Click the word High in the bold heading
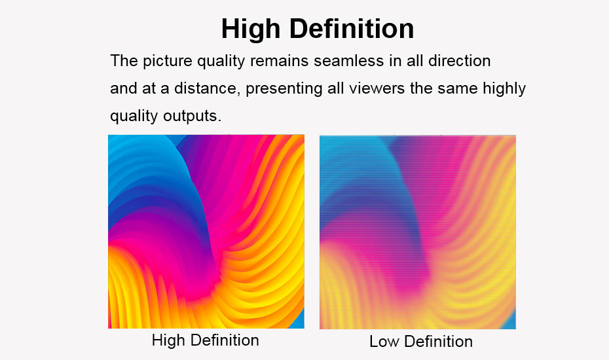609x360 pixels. pos(251,29)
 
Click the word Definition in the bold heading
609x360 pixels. pos(352,28)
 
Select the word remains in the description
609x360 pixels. pos(279,61)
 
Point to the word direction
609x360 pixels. pos(460,61)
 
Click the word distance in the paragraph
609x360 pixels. pos(205,88)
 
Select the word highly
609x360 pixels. pos(504,89)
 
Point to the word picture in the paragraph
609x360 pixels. pos(168,62)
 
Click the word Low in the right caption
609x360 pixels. pos(384,342)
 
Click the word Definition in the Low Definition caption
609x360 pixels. pos(439,342)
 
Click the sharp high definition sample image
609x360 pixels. pos(206,232)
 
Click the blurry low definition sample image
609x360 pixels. pos(418,232)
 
